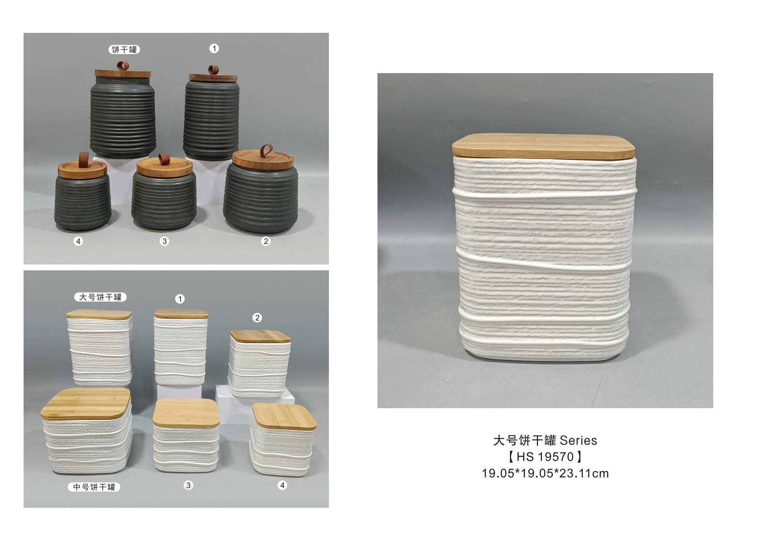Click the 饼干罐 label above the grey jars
coord(124,50)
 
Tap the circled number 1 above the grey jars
coord(214,48)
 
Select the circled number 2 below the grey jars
coord(266,241)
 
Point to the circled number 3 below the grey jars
coord(164,241)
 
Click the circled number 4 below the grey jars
coord(78,241)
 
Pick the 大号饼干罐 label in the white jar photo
coord(100,297)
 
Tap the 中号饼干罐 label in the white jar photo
coord(94,487)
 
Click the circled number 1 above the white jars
coord(180,299)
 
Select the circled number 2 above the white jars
coord(257,317)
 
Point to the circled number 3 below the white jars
coord(188,485)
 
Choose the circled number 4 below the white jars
coord(282,485)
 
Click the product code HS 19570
coord(545,457)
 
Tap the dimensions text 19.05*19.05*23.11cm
coord(545,473)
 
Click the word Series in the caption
coord(578,441)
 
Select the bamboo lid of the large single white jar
coord(543,146)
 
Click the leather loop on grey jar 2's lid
coord(267,151)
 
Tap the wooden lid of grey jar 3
coord(164,168)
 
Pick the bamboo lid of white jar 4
coord(284,417)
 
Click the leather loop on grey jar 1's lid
coord(213,70)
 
